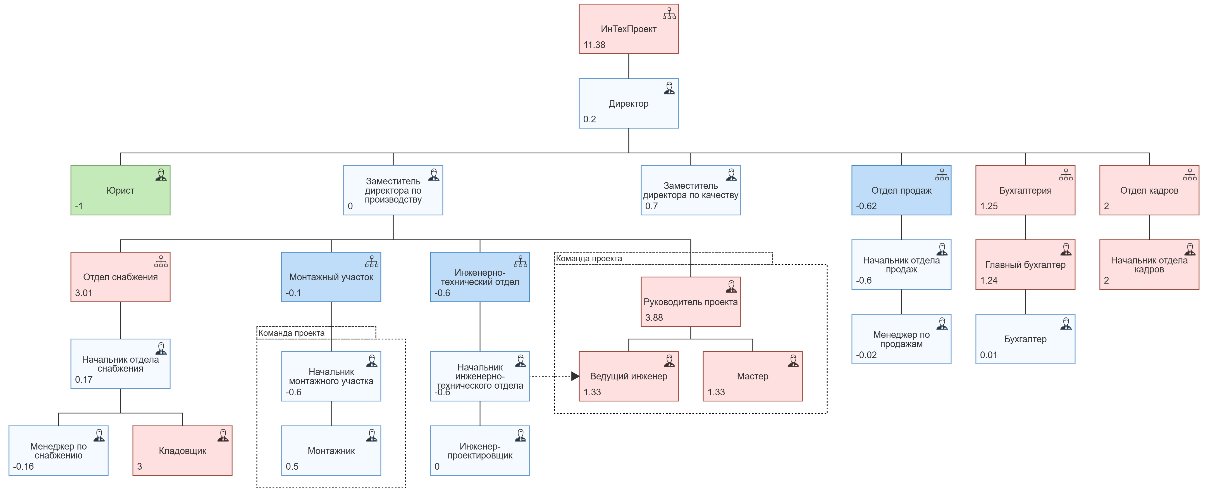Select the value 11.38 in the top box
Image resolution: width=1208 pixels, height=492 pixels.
594,45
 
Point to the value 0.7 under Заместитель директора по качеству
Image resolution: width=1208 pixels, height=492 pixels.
651,206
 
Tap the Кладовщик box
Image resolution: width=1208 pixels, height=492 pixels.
182,451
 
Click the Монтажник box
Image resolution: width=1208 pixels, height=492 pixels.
331,451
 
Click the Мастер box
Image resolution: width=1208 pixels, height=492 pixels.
752,376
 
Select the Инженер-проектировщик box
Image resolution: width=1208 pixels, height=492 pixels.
480,451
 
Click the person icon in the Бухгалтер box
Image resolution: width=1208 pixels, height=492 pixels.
1066,324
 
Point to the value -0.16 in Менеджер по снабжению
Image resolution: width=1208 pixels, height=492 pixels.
23,467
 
